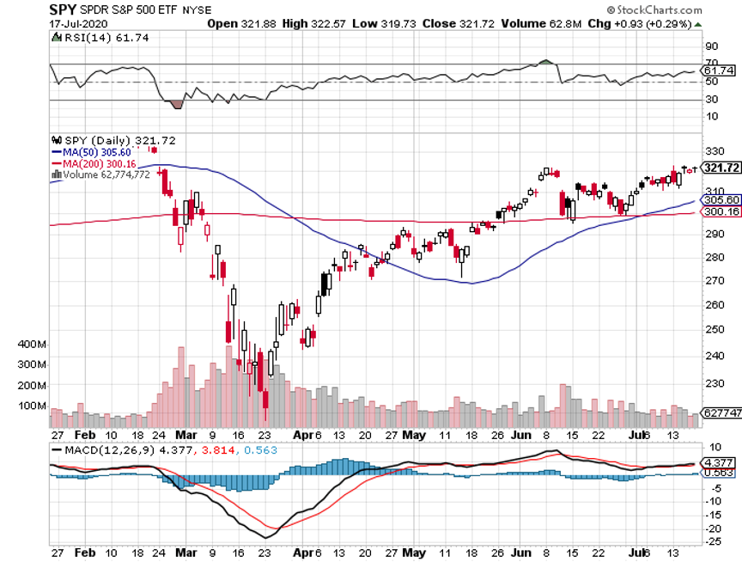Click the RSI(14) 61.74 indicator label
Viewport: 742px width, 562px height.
click(x=89, y=38)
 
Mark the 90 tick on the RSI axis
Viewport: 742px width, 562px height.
click(x=711, y=46)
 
